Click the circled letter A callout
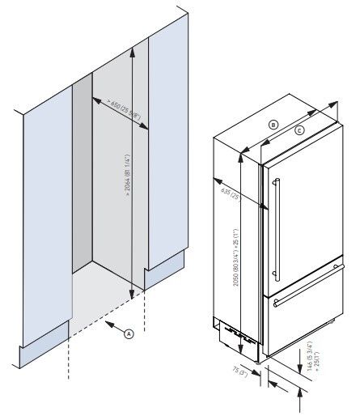(x=128, y=332)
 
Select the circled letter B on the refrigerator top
(x=273, y=125)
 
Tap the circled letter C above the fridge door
(x=299, y=130)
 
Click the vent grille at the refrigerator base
(x=231, y=333)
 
